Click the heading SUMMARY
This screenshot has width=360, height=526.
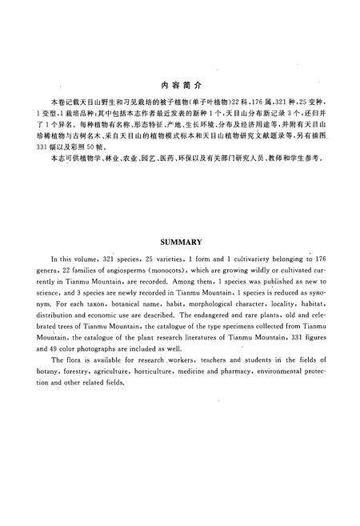pyautogui.click(x=179, y=239)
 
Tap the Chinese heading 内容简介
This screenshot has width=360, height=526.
pyautogui.click(x=179, y=85)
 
